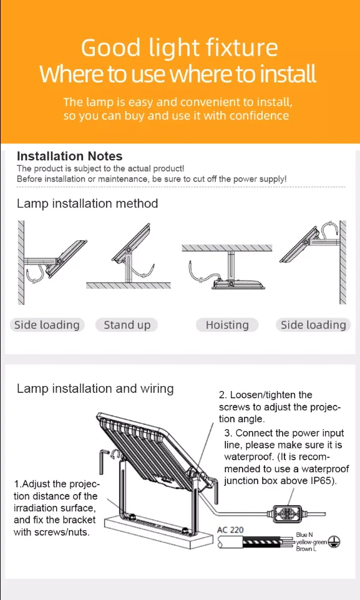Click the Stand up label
[x=127, y=325]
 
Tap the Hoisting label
[x=227, y=325]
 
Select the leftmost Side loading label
[x=47, y=325]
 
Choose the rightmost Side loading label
[x=313, y=325]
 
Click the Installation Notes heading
[x=69, y=156]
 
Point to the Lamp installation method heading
[x=87, y=203]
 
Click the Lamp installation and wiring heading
[x=95, y=389]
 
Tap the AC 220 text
[x=230, y=530]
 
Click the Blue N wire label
[x=304, y=535]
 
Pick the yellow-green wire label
[x=311, y=542]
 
